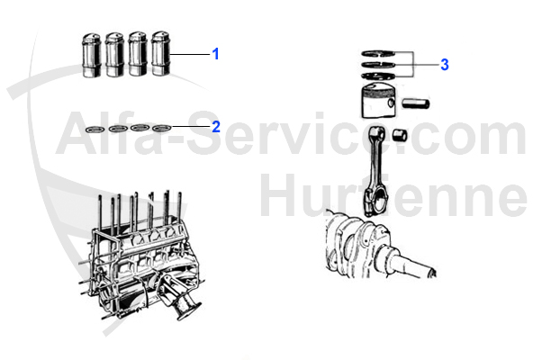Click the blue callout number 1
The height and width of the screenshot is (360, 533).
(215, 54)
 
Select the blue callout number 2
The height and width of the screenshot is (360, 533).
(215, 127)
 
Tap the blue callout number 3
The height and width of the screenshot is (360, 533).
(444, 65)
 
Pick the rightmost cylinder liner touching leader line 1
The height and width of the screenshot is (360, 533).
(160, 56)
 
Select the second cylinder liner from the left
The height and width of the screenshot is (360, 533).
(114, 57)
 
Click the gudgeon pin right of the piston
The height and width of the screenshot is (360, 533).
(417, 103)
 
